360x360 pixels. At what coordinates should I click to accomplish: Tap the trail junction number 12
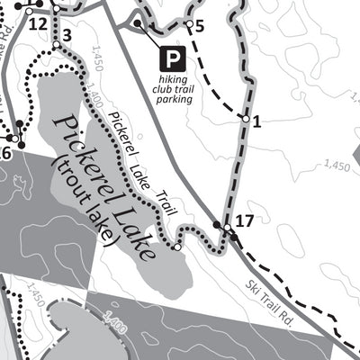coord(37,23)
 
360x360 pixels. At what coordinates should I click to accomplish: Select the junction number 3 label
coord(67,36)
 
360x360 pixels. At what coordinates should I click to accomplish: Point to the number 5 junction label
coord(199,25)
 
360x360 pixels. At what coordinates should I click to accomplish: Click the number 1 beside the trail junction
coord(256,122)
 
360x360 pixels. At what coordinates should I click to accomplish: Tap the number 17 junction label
coord(245,220)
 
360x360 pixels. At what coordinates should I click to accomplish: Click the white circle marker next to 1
coord(244,117)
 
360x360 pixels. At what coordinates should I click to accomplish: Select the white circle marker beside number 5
coord(190,22)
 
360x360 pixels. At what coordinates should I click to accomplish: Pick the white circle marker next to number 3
coord(57,44)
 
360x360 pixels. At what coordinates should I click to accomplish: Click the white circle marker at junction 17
coord(229,235)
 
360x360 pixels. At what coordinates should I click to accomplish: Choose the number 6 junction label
coord(5,154)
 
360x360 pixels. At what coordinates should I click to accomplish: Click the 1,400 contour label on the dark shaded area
coord(115,319)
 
